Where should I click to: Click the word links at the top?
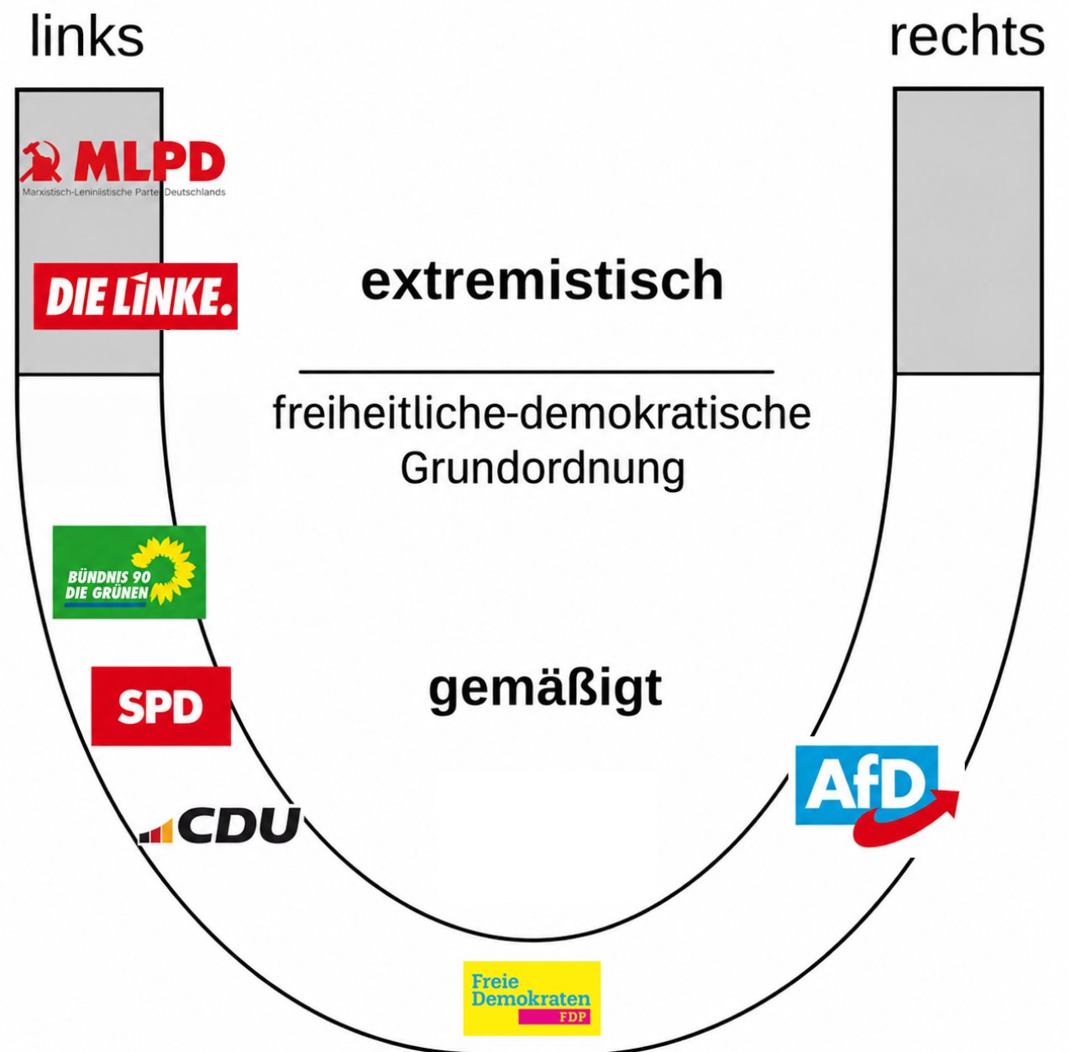tap(87, 37)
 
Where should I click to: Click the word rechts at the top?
tap(967, 37)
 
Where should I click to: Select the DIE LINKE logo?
tap(135, 296)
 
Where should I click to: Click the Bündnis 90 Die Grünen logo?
tap(129, 571)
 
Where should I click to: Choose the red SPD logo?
tap(161, 705)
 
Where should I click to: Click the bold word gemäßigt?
tap(545, 690)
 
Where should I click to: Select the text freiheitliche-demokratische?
tap(542, 414)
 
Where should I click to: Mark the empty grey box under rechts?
tap(968, 231)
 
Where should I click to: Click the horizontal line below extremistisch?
tap(537, 371)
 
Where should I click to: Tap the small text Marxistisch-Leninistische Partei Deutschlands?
tap(123, 192)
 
